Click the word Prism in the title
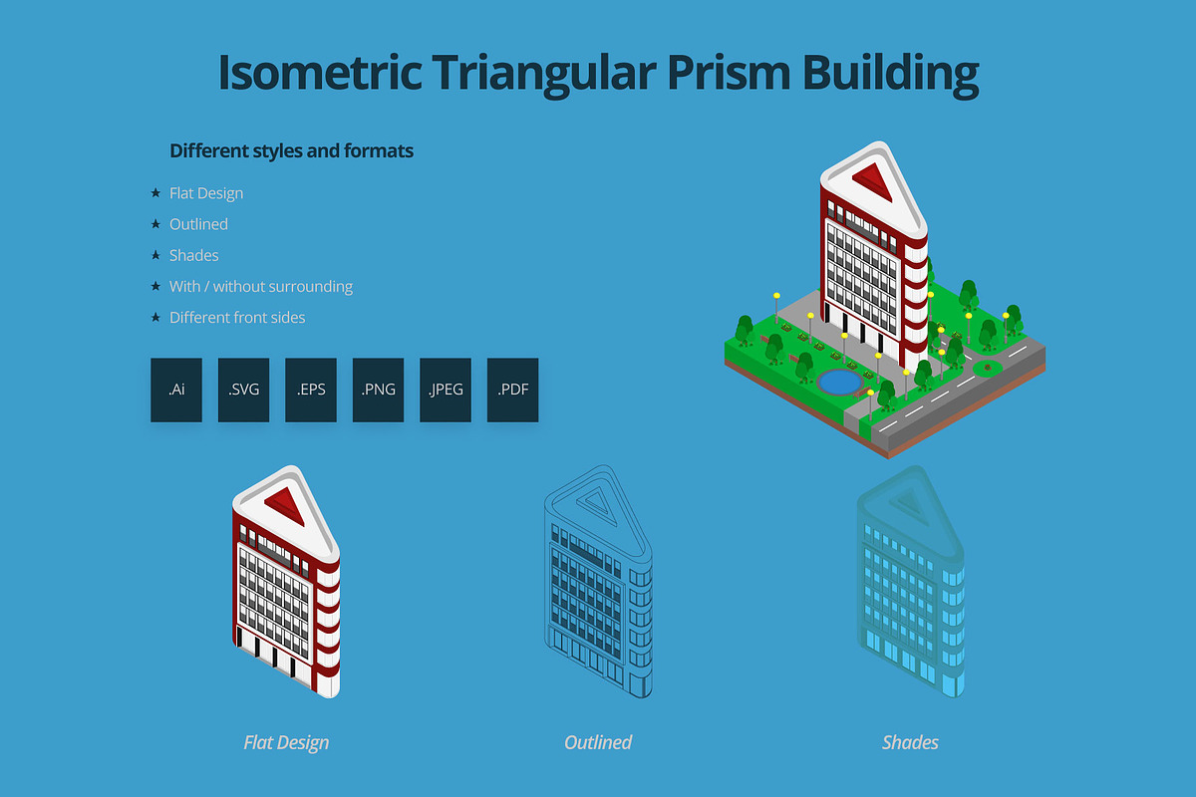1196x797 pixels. point(729,73)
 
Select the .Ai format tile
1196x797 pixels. point(176,390)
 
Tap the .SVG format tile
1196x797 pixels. point(243,390)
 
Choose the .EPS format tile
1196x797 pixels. point(311,390)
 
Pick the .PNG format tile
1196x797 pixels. point(378,390)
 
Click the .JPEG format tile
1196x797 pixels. point(446,390)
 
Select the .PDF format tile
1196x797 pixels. point(512,390)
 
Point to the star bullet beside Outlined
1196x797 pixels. point(155,224)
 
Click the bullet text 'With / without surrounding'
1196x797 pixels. point(261,287)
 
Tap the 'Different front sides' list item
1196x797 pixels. point(237,318)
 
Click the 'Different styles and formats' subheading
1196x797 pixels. point(291,151)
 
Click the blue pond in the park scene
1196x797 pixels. point(839,382)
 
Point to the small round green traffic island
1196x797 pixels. point(987,368)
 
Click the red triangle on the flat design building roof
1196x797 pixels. point(286,505)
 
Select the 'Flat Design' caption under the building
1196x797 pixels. point(286,742)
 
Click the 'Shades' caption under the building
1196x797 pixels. point(910,742)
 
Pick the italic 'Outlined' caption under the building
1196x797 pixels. point(598,742)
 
